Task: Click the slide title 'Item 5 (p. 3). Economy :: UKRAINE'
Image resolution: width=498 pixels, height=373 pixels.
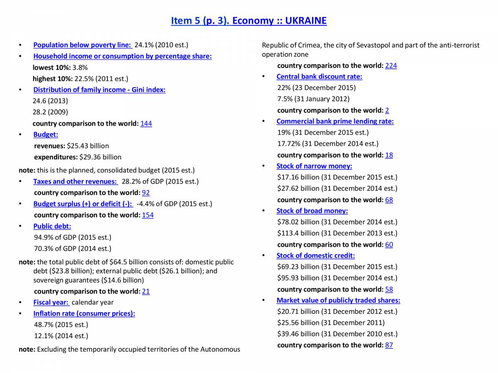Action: point(249,21)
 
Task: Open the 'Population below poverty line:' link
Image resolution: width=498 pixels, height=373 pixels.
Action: point(82,45)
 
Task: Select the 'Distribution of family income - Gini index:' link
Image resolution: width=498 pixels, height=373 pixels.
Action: point(99,90)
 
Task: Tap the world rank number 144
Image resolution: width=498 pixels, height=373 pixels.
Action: point(146,124)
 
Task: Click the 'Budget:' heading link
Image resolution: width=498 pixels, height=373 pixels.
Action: point(46,134)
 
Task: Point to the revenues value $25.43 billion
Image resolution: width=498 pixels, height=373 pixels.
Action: point(88,146)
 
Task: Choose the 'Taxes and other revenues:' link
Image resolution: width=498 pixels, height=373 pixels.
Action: point(76,181)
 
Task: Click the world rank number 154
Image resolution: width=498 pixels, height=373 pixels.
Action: point(148,215)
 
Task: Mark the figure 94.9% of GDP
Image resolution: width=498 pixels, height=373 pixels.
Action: point(72,237)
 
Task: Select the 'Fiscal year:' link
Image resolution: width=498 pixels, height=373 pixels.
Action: point(51,302)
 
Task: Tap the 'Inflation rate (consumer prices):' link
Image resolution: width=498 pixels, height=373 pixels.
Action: point(84,313)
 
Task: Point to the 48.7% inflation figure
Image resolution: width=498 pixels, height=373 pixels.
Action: point(61,325)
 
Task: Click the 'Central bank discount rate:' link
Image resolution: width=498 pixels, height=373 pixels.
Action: point(319,76)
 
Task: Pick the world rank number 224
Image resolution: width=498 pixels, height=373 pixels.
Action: point(391,65)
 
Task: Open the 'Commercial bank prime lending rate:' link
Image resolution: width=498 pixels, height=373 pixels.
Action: point(335,121)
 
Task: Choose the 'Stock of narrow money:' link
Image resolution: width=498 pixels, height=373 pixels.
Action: point(314,166)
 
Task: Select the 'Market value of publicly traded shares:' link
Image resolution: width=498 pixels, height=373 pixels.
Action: point(338,300)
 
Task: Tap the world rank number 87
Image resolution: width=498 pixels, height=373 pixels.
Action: point(389,345)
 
